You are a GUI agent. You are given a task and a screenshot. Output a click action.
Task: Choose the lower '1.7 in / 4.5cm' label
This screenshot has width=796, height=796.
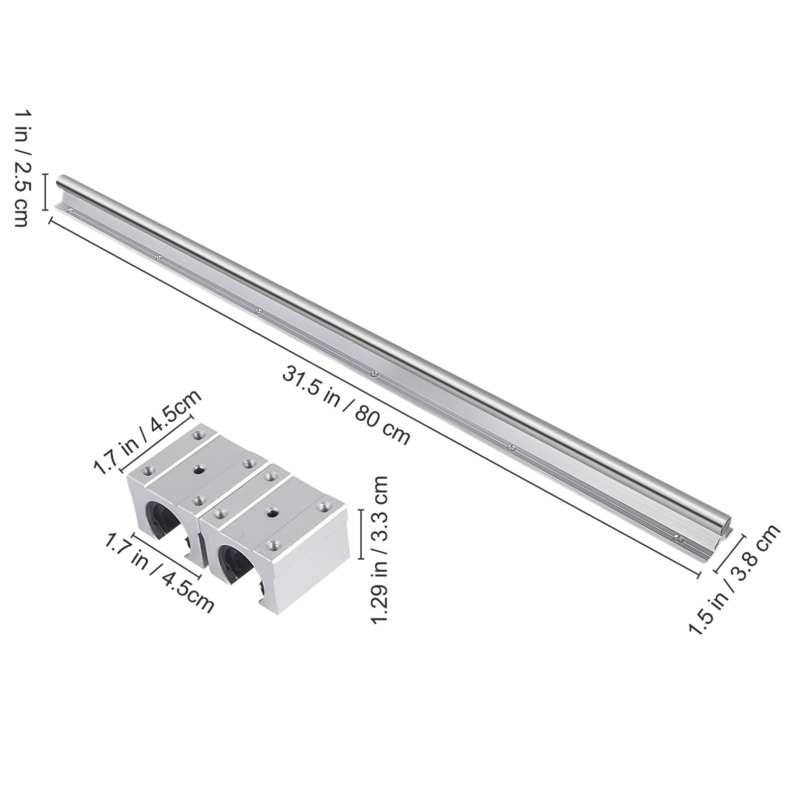(158, 571)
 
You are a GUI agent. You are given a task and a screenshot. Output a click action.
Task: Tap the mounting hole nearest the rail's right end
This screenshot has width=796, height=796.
(677, 538)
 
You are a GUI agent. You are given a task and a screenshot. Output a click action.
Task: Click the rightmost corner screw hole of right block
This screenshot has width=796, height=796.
(325, 507)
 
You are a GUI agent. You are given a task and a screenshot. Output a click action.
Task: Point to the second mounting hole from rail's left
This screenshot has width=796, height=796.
(159, 258)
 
